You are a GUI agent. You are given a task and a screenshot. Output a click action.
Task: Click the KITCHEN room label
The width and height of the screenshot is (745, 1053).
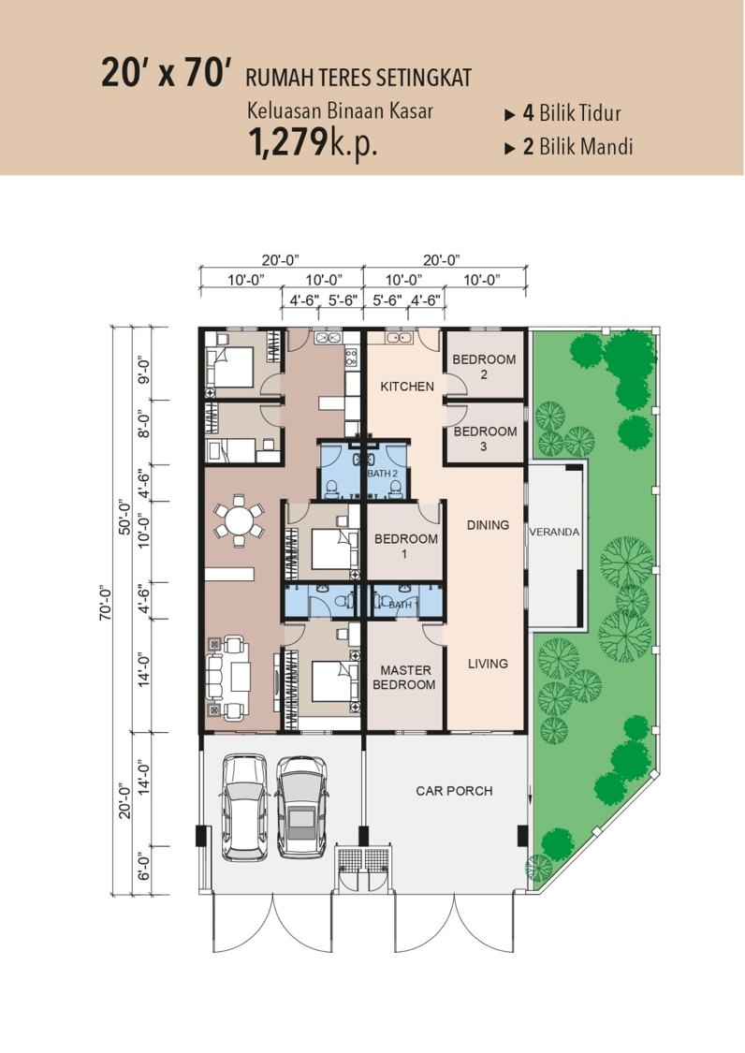tap(407, 387)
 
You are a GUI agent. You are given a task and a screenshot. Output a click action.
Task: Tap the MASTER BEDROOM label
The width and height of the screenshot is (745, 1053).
tap(404, 677)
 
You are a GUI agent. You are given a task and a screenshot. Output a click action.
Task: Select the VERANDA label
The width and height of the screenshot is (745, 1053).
tap(554, 532)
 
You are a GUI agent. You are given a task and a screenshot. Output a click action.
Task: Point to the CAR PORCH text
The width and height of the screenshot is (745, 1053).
tap(454, 790)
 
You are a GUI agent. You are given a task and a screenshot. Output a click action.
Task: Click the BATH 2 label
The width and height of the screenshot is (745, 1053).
tap(383, 474)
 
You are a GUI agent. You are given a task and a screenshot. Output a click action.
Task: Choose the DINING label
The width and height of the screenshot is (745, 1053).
tap(489, 524)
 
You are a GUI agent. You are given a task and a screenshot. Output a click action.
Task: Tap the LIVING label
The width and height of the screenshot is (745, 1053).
tap(489, 664)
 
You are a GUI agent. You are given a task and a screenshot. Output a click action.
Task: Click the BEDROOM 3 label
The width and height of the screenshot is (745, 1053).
tap(485, 438)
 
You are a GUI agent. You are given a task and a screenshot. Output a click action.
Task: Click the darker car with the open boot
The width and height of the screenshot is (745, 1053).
tap(301, 807)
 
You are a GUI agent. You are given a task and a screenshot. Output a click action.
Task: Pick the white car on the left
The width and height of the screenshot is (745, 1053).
tap(245, 807)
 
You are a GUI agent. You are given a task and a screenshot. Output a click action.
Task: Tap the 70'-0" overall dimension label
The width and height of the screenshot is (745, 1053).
tap(106, 603)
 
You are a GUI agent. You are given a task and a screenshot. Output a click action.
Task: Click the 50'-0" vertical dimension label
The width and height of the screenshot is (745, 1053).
tap(124, 517)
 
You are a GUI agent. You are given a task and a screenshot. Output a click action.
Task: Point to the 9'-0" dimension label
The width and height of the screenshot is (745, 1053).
tap(143, 371)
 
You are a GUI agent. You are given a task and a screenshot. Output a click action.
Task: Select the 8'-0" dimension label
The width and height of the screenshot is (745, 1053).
tap(143, 424)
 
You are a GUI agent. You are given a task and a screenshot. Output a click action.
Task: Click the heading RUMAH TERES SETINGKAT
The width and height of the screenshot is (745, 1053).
tap(358, 78)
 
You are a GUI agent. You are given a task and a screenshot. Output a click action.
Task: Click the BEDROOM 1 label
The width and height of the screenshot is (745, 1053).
tap(406, 546)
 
